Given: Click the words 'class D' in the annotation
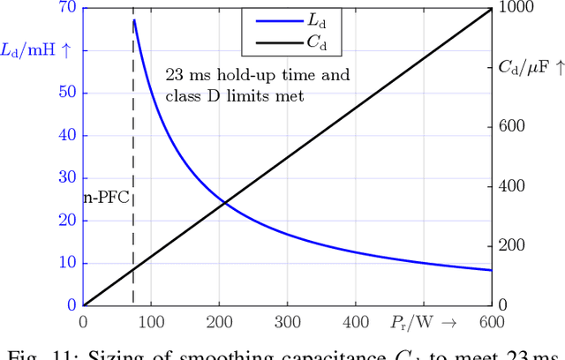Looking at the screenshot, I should click(189, 96).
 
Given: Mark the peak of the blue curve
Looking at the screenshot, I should click(133, 19).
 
